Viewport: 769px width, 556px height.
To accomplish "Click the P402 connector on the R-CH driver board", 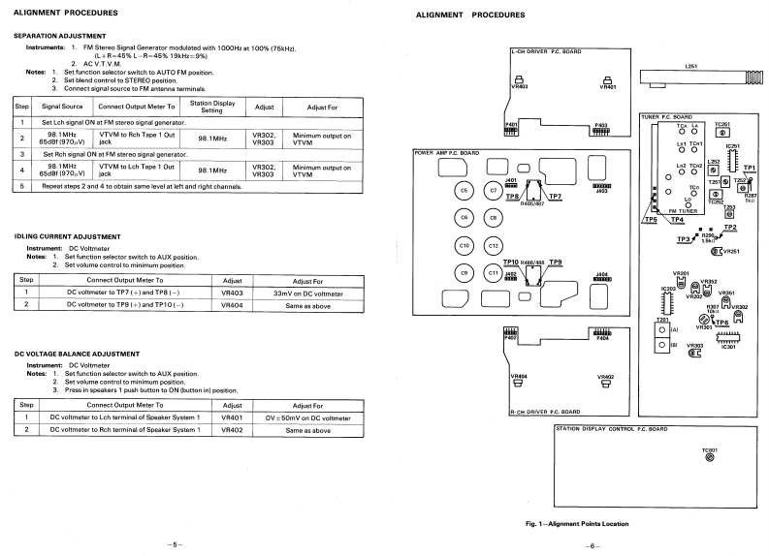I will tap(510, 333).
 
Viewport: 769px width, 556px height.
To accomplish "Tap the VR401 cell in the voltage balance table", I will tap(232, 417).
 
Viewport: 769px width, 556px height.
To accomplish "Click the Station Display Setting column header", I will tap(213, 106).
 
